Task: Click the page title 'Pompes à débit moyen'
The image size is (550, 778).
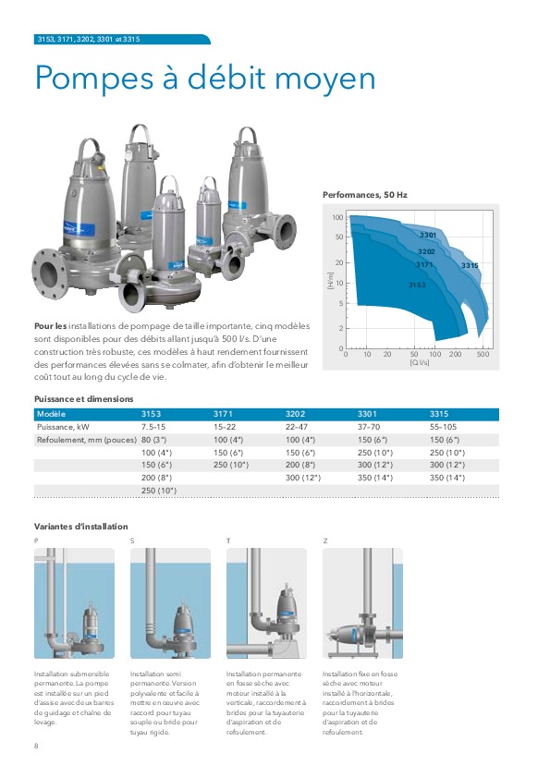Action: pos(204,79)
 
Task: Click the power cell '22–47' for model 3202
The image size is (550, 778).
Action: pos(298,428)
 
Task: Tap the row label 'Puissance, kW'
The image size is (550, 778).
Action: pos(62,428)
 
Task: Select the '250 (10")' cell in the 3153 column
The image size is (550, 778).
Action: pos(159,492)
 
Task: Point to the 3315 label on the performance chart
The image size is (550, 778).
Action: pos(470,266)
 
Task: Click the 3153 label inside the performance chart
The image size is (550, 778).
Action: pos(417,286)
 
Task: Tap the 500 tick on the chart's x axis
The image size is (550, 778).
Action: pos(483,355)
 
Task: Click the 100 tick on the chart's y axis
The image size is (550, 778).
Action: pos(338,218)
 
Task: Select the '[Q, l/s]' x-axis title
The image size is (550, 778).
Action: pos(419,363)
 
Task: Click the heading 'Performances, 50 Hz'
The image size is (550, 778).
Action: pos(364,196)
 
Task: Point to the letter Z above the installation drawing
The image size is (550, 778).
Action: pos(324,539)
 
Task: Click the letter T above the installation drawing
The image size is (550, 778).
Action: pos(228,539)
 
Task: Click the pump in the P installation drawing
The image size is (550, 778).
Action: pos(90,621)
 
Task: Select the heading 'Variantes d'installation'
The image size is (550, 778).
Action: pos(80,526)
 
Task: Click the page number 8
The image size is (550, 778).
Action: pos(36,745)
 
